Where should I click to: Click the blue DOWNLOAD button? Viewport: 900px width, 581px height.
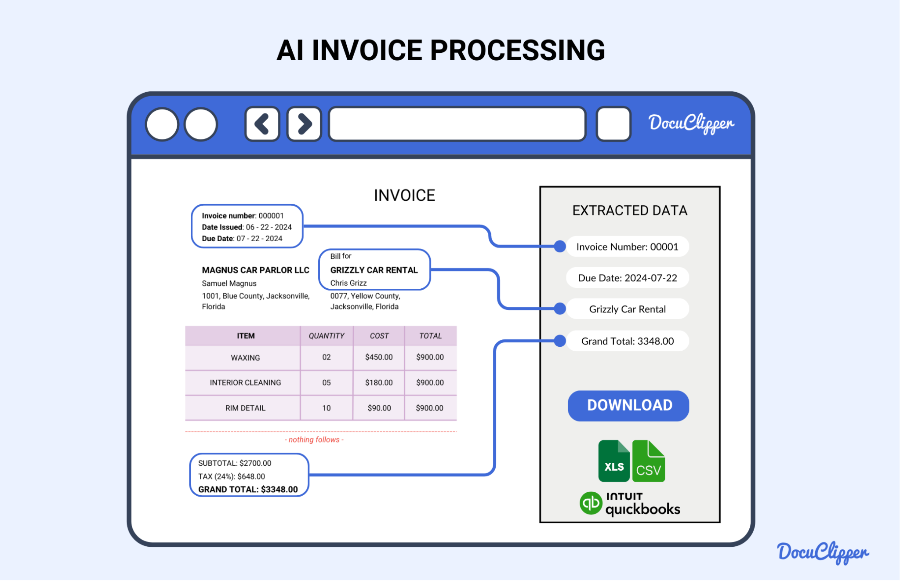point(628,405)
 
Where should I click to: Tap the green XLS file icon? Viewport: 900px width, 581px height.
point(614,461)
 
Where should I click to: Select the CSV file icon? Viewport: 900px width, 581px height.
point(649,461)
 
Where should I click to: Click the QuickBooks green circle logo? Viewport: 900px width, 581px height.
point(591,503)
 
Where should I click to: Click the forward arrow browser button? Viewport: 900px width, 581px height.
point(304,124)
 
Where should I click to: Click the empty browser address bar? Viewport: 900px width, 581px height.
point(457,124)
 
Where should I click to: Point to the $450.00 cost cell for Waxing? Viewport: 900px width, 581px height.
point(379,357)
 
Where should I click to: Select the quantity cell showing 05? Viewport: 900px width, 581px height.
point(327,382)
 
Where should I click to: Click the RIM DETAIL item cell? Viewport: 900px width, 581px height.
point(245,408)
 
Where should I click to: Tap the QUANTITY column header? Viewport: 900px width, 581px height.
point(327,336)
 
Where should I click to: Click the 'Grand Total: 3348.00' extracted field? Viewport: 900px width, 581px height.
point(627,341)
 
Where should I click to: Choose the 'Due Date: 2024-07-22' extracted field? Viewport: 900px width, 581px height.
point(627,278)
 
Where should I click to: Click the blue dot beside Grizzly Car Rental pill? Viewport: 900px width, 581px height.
point(560,309)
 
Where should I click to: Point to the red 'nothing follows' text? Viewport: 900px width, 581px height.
point(314,439)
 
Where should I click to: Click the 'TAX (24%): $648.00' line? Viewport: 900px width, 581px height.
point(232,476)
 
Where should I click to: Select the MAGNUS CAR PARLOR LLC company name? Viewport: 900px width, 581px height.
point(255,270)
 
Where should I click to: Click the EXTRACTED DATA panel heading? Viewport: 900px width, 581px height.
point(629,211)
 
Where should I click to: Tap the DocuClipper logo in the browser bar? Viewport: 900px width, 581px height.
point(691,123)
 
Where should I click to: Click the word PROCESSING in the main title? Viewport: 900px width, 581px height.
point(517,50)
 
